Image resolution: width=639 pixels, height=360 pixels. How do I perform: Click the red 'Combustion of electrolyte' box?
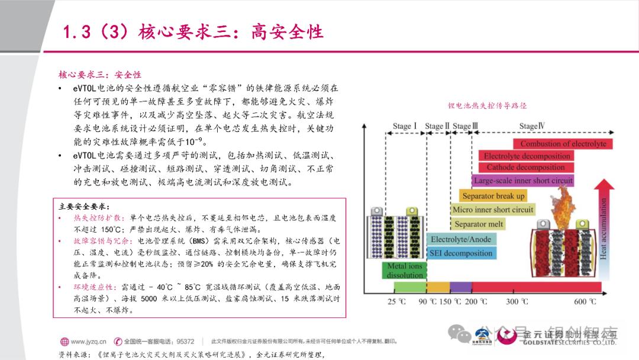tap(563, 144)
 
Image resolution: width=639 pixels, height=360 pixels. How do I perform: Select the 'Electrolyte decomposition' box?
tap(527, 156)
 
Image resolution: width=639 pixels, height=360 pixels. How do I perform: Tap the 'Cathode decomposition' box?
tap(525, 168)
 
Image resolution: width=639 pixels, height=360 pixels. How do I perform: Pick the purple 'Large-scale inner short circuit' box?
tap(523, 181)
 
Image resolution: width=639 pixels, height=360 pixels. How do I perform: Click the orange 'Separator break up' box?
tap(493, 196)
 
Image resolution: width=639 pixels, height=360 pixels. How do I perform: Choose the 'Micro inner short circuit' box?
tap(493, 210)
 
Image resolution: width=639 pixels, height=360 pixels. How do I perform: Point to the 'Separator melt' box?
tap(479, 224)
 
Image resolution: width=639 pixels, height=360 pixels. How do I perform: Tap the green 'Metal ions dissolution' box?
tap(405, 271)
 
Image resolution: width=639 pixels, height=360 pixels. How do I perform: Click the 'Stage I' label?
tap(405, 126)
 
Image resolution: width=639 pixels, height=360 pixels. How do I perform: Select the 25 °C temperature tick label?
tap(396, 302)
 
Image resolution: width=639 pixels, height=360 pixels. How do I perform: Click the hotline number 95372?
tap(185, 341)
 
